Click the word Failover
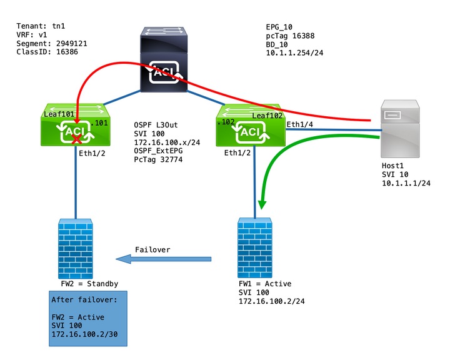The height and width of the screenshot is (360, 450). pyautogui.click(x=152, y=250)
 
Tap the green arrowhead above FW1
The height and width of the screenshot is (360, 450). pyautogui.click(x=260, y=204)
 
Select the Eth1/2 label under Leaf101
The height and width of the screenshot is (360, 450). pyautogui.click(x=93, y=152)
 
